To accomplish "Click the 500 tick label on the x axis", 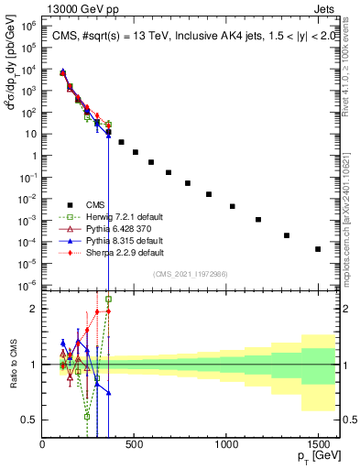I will point(135,446).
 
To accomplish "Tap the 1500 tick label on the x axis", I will point(318,446).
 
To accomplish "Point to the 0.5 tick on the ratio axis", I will point(29,420).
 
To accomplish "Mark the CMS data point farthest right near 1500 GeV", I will point(318,249).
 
